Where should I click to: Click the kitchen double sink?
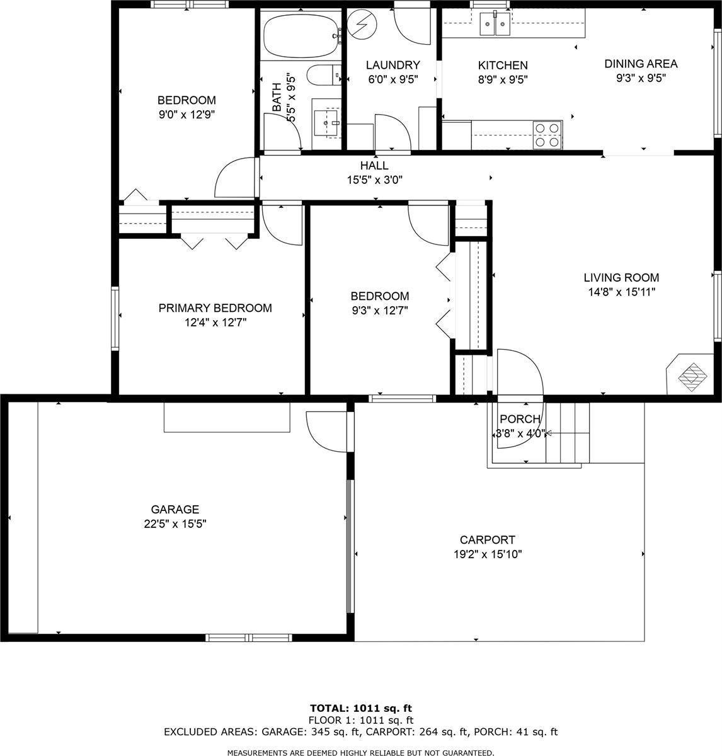click(x=495, y=25)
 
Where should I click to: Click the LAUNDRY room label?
click(x=393, y=65)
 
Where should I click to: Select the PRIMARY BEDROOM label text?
click(x=215, y=308)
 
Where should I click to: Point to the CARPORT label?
click(x=487, y=540)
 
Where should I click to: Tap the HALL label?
click(x=374, y=166)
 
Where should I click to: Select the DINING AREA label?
click(x=641, y=64)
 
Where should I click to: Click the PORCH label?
click(x=520, y=420)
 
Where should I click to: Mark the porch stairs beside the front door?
click(x=568, y=433)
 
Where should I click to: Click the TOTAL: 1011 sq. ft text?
click(x=360, y=708)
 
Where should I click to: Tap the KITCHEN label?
click(x=503, y=66)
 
